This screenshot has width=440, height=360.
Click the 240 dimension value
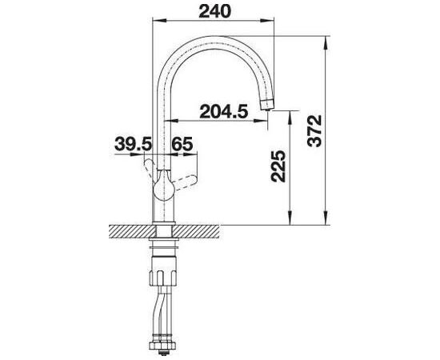[214, 11]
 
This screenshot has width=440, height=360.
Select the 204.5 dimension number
[224, 111]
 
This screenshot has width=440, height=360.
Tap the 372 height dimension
[314, 130]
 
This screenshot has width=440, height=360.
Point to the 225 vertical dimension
[278, 166]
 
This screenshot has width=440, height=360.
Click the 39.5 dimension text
[133, 145]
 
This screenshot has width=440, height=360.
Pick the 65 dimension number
[182, 145]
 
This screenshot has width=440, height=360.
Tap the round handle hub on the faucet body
[163, 186]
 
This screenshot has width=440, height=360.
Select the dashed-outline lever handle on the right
[186, 182]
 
